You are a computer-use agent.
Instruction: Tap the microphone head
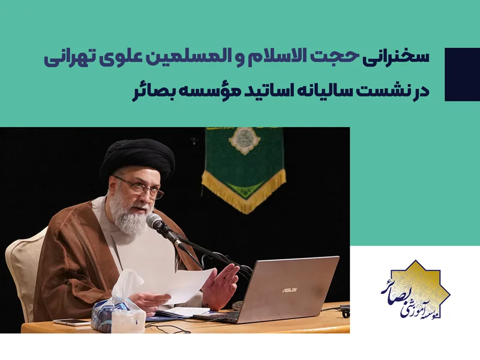click(155, 223)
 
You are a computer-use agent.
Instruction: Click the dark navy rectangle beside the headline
click(462, 74)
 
